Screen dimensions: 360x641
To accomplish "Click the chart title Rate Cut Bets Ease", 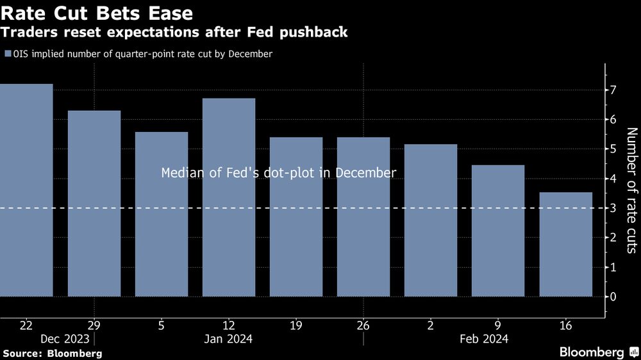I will [x=97, y=12].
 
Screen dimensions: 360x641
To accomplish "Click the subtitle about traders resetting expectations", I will [x=175, y=32].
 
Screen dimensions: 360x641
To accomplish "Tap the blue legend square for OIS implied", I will [x=8, y=54].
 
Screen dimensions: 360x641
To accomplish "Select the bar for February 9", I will [x=498, y=231].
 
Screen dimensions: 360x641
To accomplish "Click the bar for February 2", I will [x=431, y=220].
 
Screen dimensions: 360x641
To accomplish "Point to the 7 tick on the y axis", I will [x=613, y=90].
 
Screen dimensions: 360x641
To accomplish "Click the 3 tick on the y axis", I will [x=613, y=208].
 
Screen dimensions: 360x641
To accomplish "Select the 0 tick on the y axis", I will [x=613, y=297].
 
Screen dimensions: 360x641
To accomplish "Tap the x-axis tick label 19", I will [x=296, y=325].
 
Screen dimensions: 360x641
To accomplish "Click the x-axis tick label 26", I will [x=363, y=325].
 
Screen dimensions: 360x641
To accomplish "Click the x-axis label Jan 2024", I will [x=229, y=339].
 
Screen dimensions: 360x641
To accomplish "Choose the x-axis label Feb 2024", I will [x=485, y=339].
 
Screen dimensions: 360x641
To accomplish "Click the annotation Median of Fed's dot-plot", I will [x=279, y=173].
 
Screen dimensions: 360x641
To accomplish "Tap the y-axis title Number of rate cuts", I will [x=631, y=190].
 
